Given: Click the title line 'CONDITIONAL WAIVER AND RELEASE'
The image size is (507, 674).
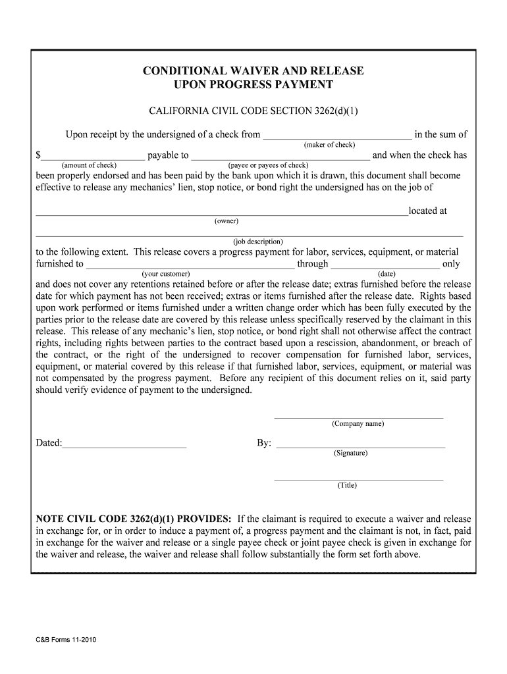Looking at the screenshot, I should coord(254,71).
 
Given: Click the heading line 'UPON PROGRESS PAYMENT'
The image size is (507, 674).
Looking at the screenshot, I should coord(254,85).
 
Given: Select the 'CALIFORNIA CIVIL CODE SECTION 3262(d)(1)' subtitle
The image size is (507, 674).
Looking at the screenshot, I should coord(254,110).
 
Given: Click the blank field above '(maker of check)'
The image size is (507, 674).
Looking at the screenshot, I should coord(337,136).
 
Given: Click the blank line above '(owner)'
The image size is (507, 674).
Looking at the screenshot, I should coord(221,213).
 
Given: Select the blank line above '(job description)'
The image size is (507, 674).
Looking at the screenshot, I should coord(249,234).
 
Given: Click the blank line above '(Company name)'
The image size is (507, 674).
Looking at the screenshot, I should coord(358,417).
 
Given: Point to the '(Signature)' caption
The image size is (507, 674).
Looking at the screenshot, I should coord(350,454).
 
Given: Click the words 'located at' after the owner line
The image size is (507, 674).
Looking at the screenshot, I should coord(427,211).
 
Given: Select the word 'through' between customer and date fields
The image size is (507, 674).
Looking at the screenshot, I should coord(312,264).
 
